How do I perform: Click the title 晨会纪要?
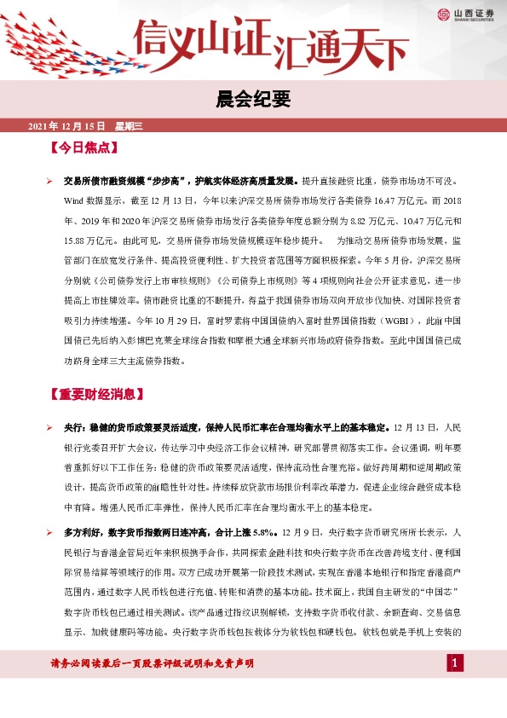253,100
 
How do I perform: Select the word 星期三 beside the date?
129,126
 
